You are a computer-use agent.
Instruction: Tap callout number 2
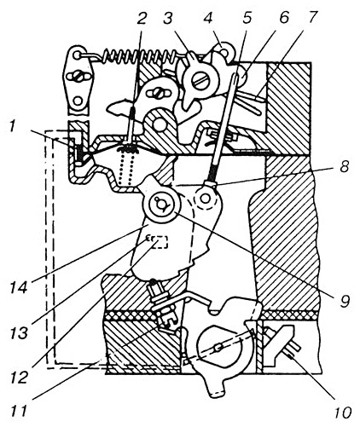tap(142, 20)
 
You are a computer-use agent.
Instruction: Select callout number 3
tap(169, 20)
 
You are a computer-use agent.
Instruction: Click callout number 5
tap(247, 18)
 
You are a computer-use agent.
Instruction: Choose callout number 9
tap(344, 301)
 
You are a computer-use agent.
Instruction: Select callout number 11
tap(19, 410)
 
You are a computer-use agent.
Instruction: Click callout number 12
tap(20, 377)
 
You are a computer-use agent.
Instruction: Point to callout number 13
tap(20, 332)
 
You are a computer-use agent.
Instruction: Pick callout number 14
tap(20, 286)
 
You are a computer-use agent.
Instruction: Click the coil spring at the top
tap(139, 56)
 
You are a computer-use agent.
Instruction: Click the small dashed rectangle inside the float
tap(160, 242)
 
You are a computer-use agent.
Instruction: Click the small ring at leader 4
tap(225, 52)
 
